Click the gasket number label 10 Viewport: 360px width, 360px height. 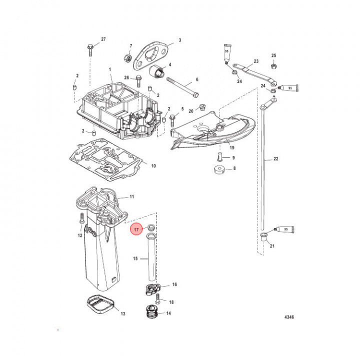click(153, 165)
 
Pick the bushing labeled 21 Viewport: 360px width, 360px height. click(263, 236)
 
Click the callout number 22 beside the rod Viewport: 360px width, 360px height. click(275, 159)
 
